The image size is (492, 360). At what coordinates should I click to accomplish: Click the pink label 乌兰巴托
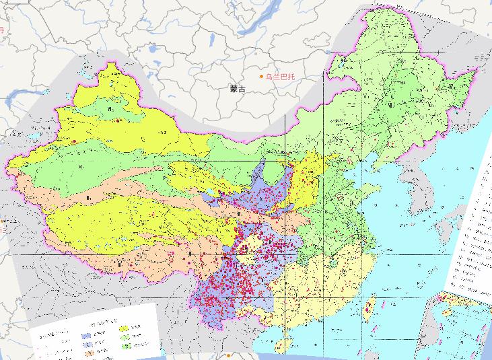click(x=281, y=77)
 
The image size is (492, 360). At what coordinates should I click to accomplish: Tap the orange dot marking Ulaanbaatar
click(x=262, y=77)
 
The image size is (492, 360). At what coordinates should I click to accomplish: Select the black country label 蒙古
click(x=237, y=88)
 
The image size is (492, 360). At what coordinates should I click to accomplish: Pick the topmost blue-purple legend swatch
click(x=86, y=334)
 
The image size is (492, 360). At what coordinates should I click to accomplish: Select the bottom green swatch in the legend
click(x=125, y=346)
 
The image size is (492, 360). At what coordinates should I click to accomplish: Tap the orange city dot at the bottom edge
click(x=230, y=355)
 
